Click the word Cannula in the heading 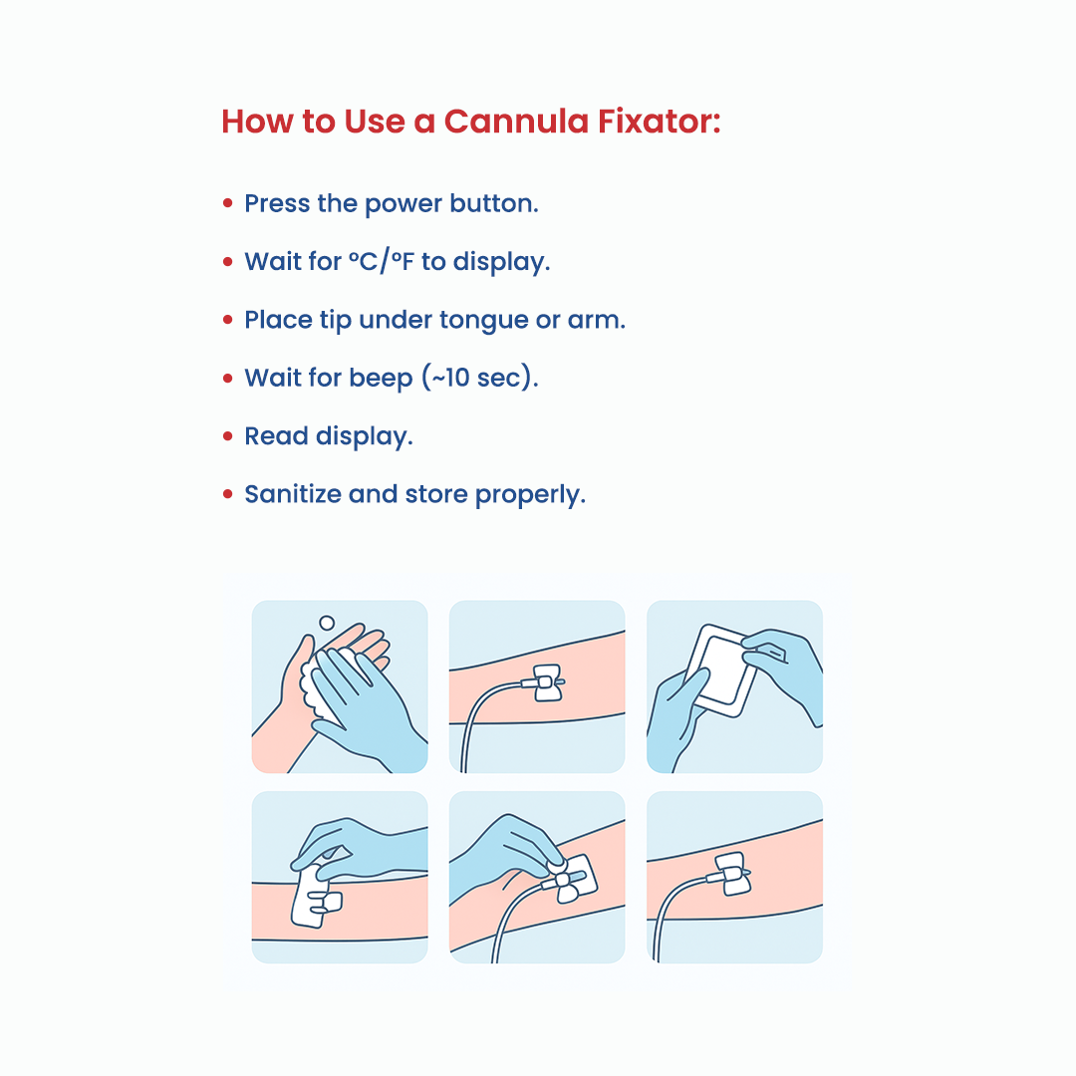click(x=517, y=122)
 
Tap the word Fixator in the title click(x=660, y=122)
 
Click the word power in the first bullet click(x=403, y=204)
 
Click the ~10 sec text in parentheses click(x=479, y=378)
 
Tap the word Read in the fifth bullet click(x=276, y=435)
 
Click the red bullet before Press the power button click(x=228, y=203)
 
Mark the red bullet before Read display click(x=228, y=435)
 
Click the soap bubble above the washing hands click(x=327, y=623)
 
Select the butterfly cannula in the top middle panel click(x=546, y=682)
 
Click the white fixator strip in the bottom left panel click(x=313, y=897)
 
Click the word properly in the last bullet click(x=530, y=495)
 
